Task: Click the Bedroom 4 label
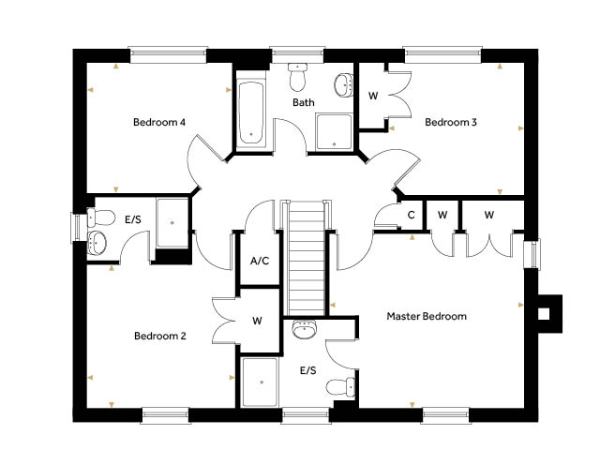pyautogui.click(x=159, y=122)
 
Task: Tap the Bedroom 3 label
pyautogui.click(x=451, y=122)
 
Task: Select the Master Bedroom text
pyautogui.click(x=427, y=316)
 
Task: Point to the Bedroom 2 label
pyautogui.click(x=160, y=336)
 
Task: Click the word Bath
pyautogui.click(x=304, y=102)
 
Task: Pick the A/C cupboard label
pyautogui.click(x=260, y=261)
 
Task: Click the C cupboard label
pyautogui.click(x=411, y=215)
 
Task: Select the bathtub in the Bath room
pyautogui.click(x=251, y=113)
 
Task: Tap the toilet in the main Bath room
pyautogui.click(x=297, y=77)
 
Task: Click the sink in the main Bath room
pyautogui.click(x=344, y=84)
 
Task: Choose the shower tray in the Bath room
pyautogui.click(x=334, y=131)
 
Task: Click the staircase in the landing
pyautogui.click(x=307, y=258)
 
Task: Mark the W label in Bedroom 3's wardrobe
pyautogui.click(x=373, y=96)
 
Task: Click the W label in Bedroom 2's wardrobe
pyautogui.click(x=257, y=321)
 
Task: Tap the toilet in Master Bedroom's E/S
pyautogui.click(x=340, y=387)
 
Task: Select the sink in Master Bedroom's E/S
pyautogui.click(x=305, y=329)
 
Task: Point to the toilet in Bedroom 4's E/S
pyautogui.click(x=100, y=217)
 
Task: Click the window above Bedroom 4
pyautogui.click(x=169, y=54)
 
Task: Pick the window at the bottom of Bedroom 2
pyautogui.click(x=166, y=415)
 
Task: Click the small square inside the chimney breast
pyautogui.click(x=544, y=314)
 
